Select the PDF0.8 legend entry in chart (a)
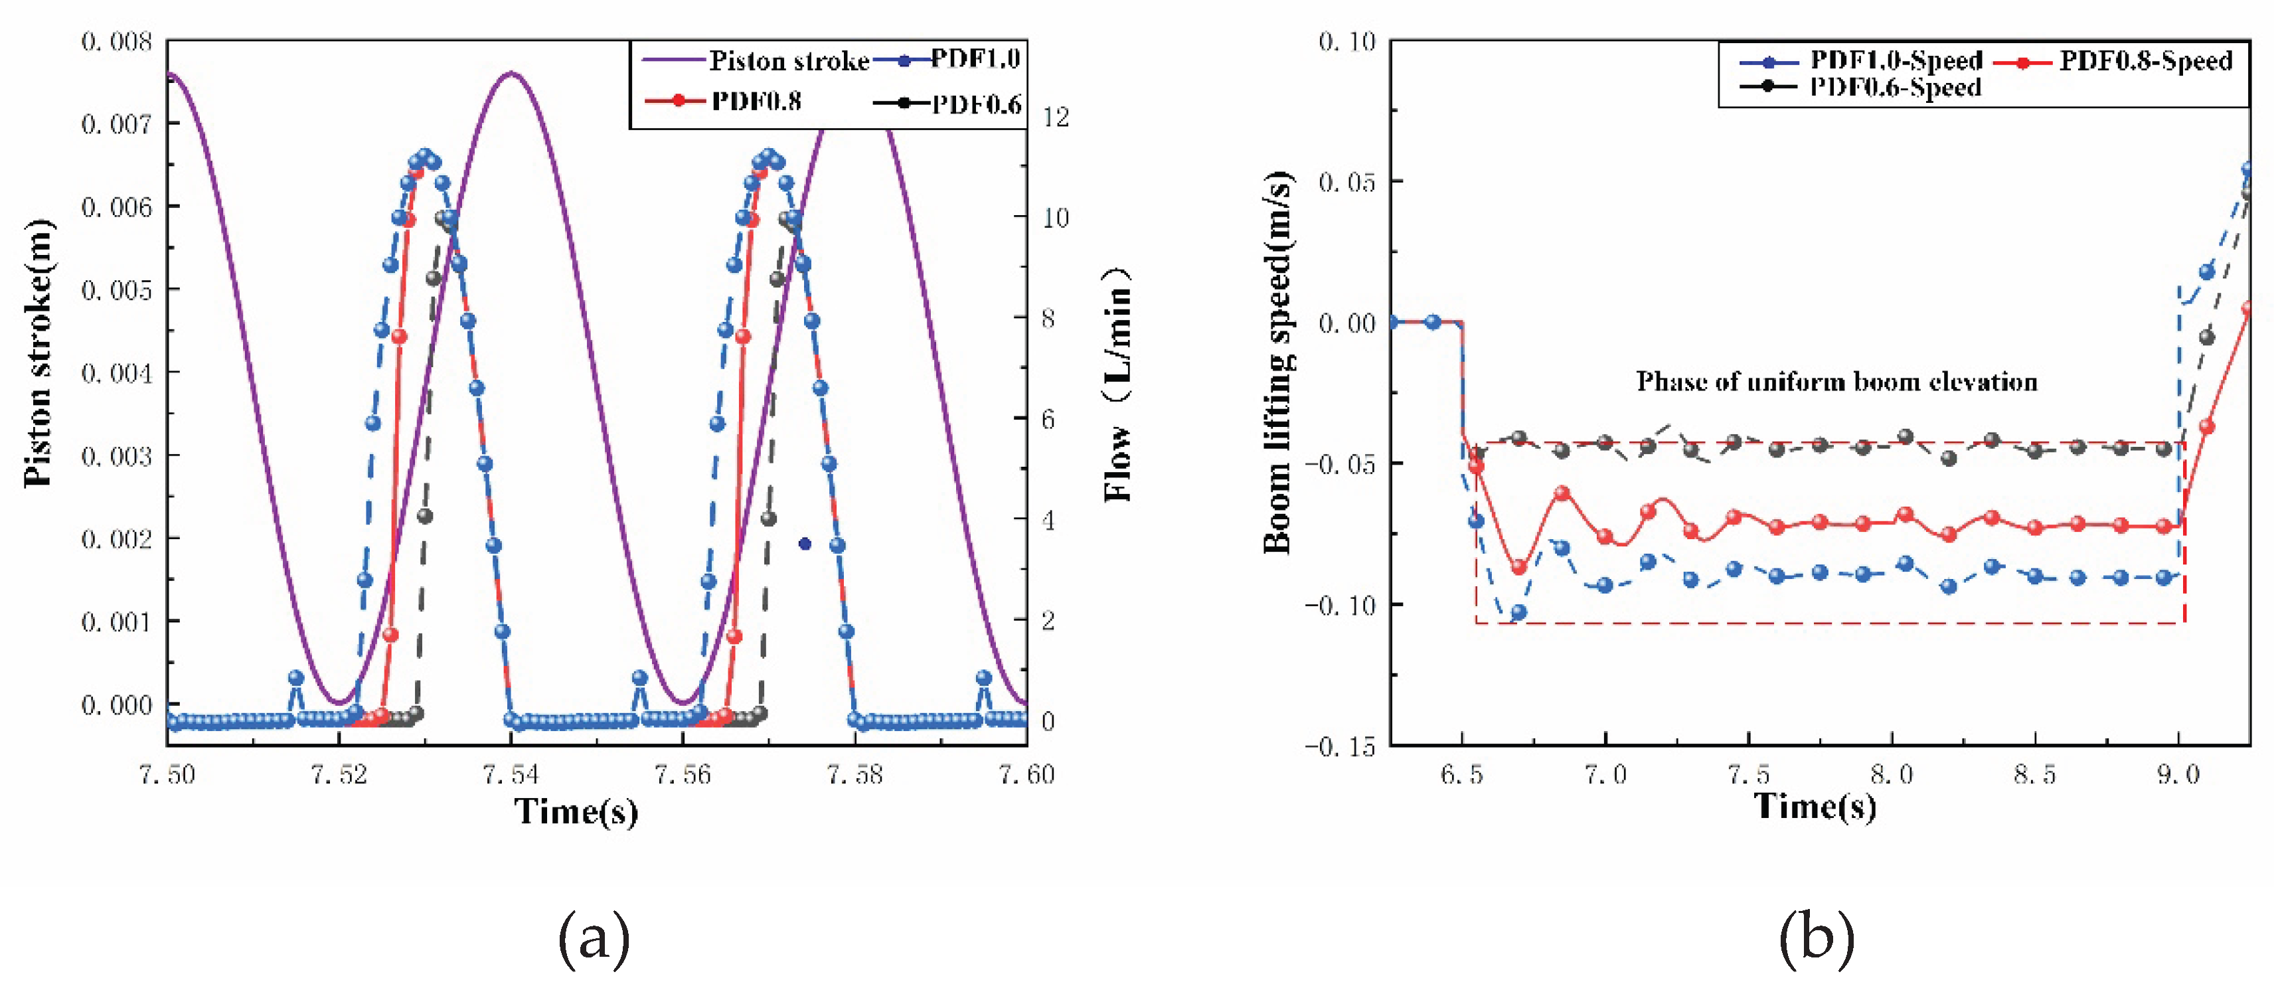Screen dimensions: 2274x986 [x=723, y=101]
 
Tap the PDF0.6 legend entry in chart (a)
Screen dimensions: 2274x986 [x=946, y=104]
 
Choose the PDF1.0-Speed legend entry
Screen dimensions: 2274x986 [x=1861, y=61]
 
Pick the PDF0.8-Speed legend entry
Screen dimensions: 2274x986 [x=2113, y=61]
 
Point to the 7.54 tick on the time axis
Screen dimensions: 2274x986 [x=510, y=774]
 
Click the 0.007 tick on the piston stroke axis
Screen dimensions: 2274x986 [x=117, y=123]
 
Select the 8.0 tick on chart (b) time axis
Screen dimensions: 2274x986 [x=1892, y=775]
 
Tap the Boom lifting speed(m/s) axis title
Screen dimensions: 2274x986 [x=1278, y=363]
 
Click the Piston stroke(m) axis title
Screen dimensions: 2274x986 [x=38, y=353]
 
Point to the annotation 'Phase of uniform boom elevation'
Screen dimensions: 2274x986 [x=1836, y=381]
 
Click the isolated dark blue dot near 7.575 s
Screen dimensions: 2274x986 [x=804, y=544]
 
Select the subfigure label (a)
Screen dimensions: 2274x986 [x=594, y=938]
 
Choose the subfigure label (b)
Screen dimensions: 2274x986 [x=1816, y=938]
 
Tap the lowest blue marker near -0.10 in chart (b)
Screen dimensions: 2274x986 [x=1518, y=612]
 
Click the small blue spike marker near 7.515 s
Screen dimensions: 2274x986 [x=295, y=678]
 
